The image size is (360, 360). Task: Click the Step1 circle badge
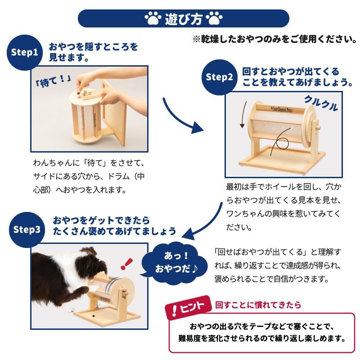pyautogui.click(x=25, y=53)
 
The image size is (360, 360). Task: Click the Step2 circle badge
pyautogui.click(x=219, y=77)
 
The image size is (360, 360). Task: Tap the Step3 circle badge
pyautogui.click(x=27, y=229)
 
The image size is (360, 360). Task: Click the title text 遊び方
pyautogui.click(x=184, y=19)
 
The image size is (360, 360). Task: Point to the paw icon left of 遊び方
pyautogui.click(x=152, y=18)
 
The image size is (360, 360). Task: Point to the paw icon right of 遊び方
pyautogui.click(x=214, y=18)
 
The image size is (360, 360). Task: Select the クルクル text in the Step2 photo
pyautogui.click(x=321, y=103)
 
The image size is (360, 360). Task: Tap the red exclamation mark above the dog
pyautogui.click(x=126, y=264)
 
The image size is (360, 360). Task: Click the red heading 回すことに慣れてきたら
pyautogui.click(x=258, y=305)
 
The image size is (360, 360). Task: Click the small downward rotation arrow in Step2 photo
pyautogui.click(x=243, y=114)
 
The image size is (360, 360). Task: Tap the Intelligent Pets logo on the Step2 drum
pyautogui.click(x=282, y=109)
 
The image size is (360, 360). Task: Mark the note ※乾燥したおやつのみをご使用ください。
pyautogui.click(x=275, y=39)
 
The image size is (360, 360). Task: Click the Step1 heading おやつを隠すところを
pyautogui.click(x=93, y=47)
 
